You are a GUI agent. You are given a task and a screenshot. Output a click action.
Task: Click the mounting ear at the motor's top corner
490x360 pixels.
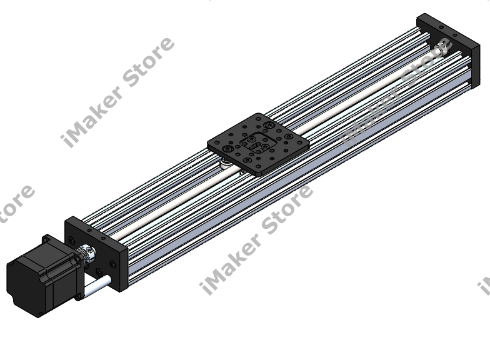coord(47,239)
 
